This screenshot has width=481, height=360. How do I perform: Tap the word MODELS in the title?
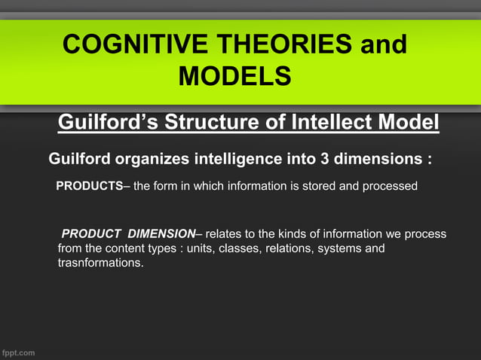click(234, 76)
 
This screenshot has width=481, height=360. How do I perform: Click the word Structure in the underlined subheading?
click(221, 122)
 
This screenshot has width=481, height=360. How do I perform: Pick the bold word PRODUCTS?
click(90, 186)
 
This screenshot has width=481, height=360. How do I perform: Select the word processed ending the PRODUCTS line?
click(389, 186)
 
